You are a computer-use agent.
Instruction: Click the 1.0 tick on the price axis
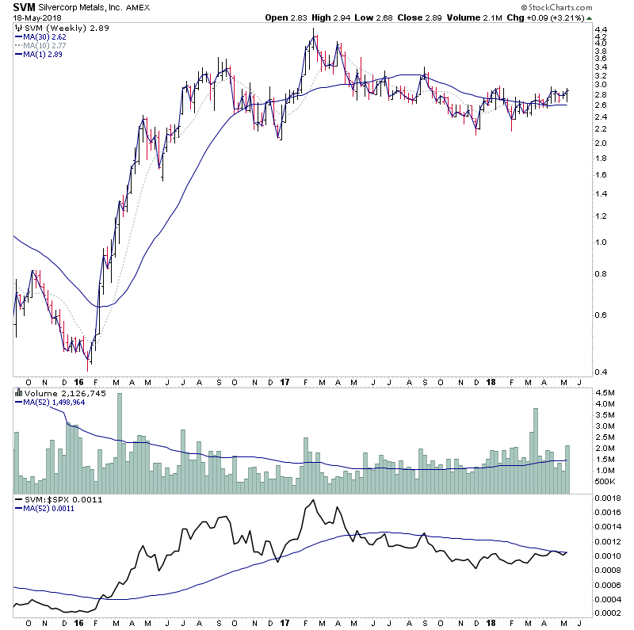coord(600,243)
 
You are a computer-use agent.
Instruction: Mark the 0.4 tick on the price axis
coord(600,372)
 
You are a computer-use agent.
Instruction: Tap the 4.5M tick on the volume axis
coord(604,392)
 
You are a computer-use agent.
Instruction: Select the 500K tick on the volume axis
coord(604,481)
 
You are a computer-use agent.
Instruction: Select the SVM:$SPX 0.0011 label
coord(55,500)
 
